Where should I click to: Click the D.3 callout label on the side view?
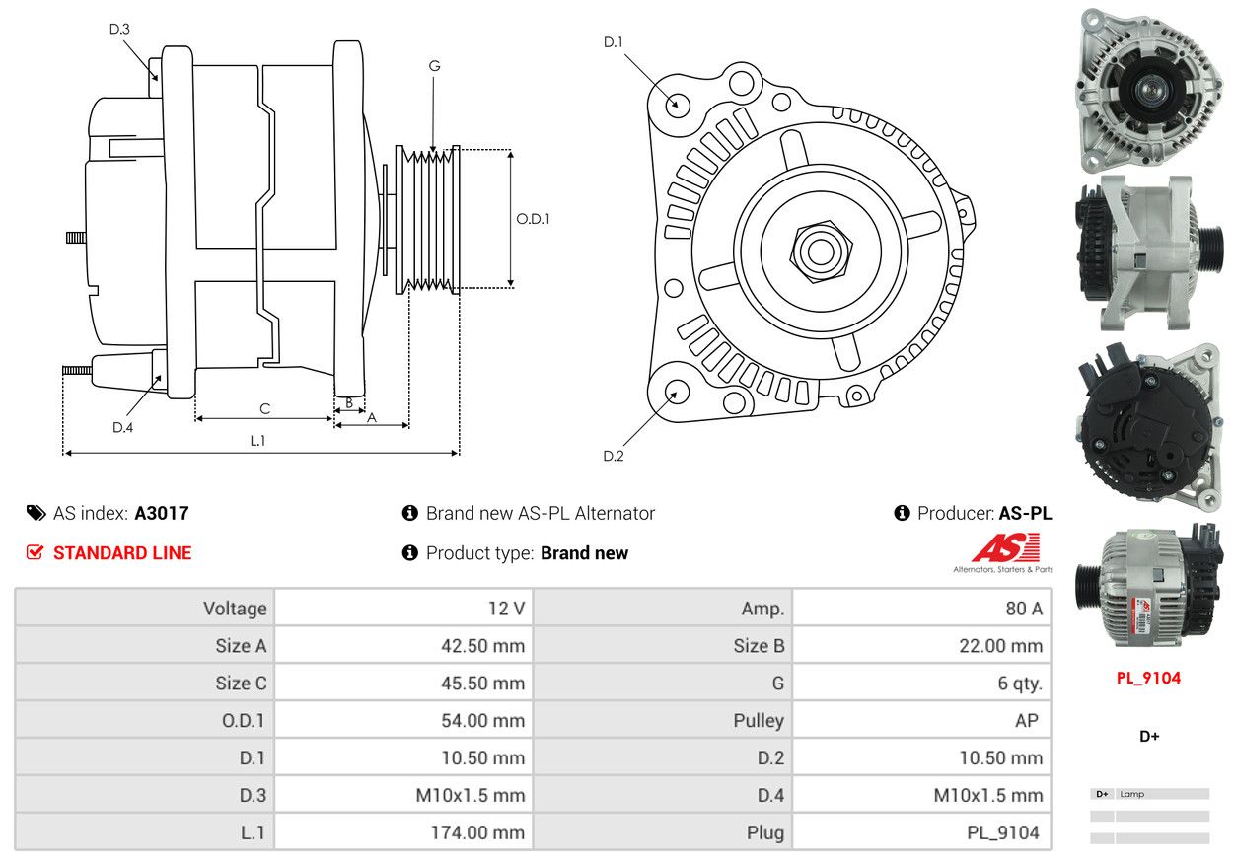pyautogui.click(x=119, y=29)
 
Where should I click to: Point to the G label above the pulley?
pyautogui.click(x=434, y=66)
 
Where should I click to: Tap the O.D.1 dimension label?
pyautogui.click(x=533, y=219)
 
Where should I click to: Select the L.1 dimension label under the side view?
pyautogui.click(x=257, y=441)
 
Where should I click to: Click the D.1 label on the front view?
pyautogui.click(x=614, y=42)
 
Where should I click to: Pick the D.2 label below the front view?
pyautogui.click(x=614, y=456)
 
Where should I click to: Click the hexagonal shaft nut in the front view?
pyautogui.click(x=821, y=252)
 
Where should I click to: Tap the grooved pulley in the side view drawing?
pyautogui.click(x=428, y=220)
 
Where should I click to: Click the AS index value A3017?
pyautogui.click(x=162, y=513)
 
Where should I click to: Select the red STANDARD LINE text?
pyautogui.click(x=122, y=553)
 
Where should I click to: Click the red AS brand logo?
pyautogui.click(x=1006, y=547)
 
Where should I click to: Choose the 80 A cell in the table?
pyautogui.click(x=1024, y=609)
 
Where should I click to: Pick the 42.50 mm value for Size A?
pyautogui.click(x=482, y=646)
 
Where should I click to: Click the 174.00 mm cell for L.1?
pyautogui.click(x=477, y=832)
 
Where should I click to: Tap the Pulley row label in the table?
pyautogui.click(x=759, y=721)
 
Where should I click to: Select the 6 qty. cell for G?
pyautogui.click(x=1020, y=684)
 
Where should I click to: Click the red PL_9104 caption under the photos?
pyautogui.click(x=1148, y=678)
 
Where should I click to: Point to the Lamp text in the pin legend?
pyautogui.click(x=1132, y=794)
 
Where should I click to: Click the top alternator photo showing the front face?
pyautogui.click(x=1150, y=91)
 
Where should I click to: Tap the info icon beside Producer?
pyautogui.click(x=902, y=513)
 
